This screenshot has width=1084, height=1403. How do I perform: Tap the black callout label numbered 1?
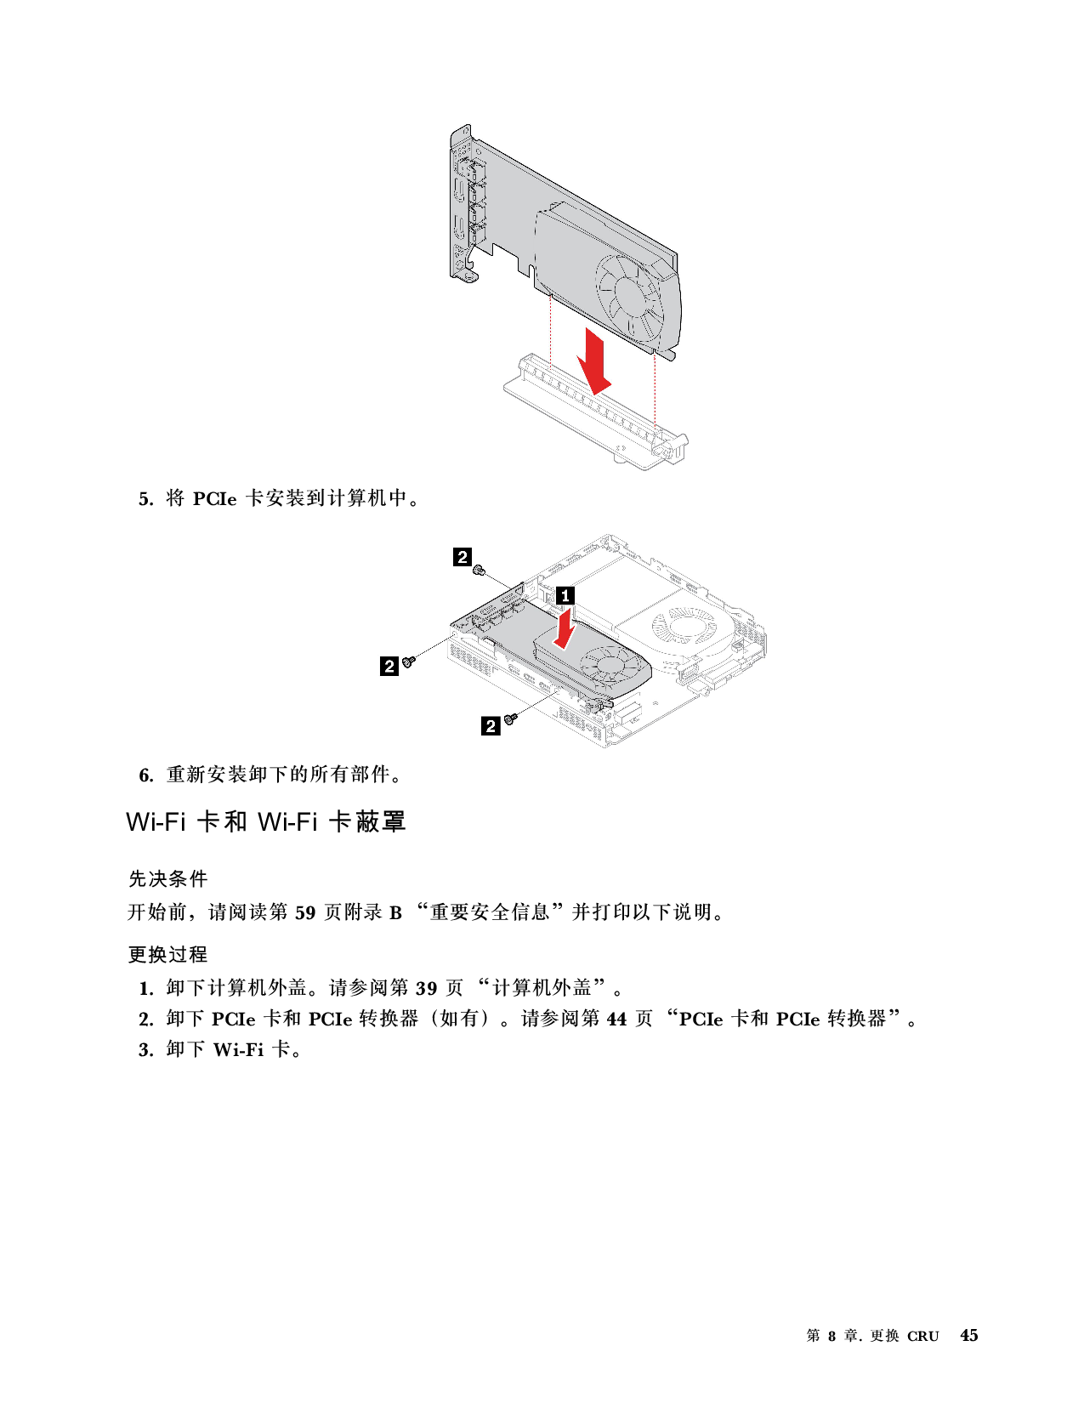565,595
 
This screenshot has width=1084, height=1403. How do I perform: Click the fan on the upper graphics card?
629,295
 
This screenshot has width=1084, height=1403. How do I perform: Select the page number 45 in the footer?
968,1335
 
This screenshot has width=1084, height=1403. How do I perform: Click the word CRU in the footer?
922,1337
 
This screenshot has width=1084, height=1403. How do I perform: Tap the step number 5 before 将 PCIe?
146,499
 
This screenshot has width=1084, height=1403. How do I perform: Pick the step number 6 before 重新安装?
146,775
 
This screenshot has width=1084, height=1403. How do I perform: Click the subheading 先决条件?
167,878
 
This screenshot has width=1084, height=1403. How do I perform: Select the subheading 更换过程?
167,954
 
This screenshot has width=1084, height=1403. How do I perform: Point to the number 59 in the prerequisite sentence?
305,912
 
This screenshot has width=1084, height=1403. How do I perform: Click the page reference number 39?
426,988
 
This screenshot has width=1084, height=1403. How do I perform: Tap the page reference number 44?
616,1019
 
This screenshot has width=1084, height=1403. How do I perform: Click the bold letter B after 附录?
395,913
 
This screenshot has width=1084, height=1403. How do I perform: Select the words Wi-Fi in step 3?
238,1050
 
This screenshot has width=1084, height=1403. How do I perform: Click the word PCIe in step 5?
215,499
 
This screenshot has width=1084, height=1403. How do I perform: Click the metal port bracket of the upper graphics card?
463,207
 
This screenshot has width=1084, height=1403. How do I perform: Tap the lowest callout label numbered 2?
491,725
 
